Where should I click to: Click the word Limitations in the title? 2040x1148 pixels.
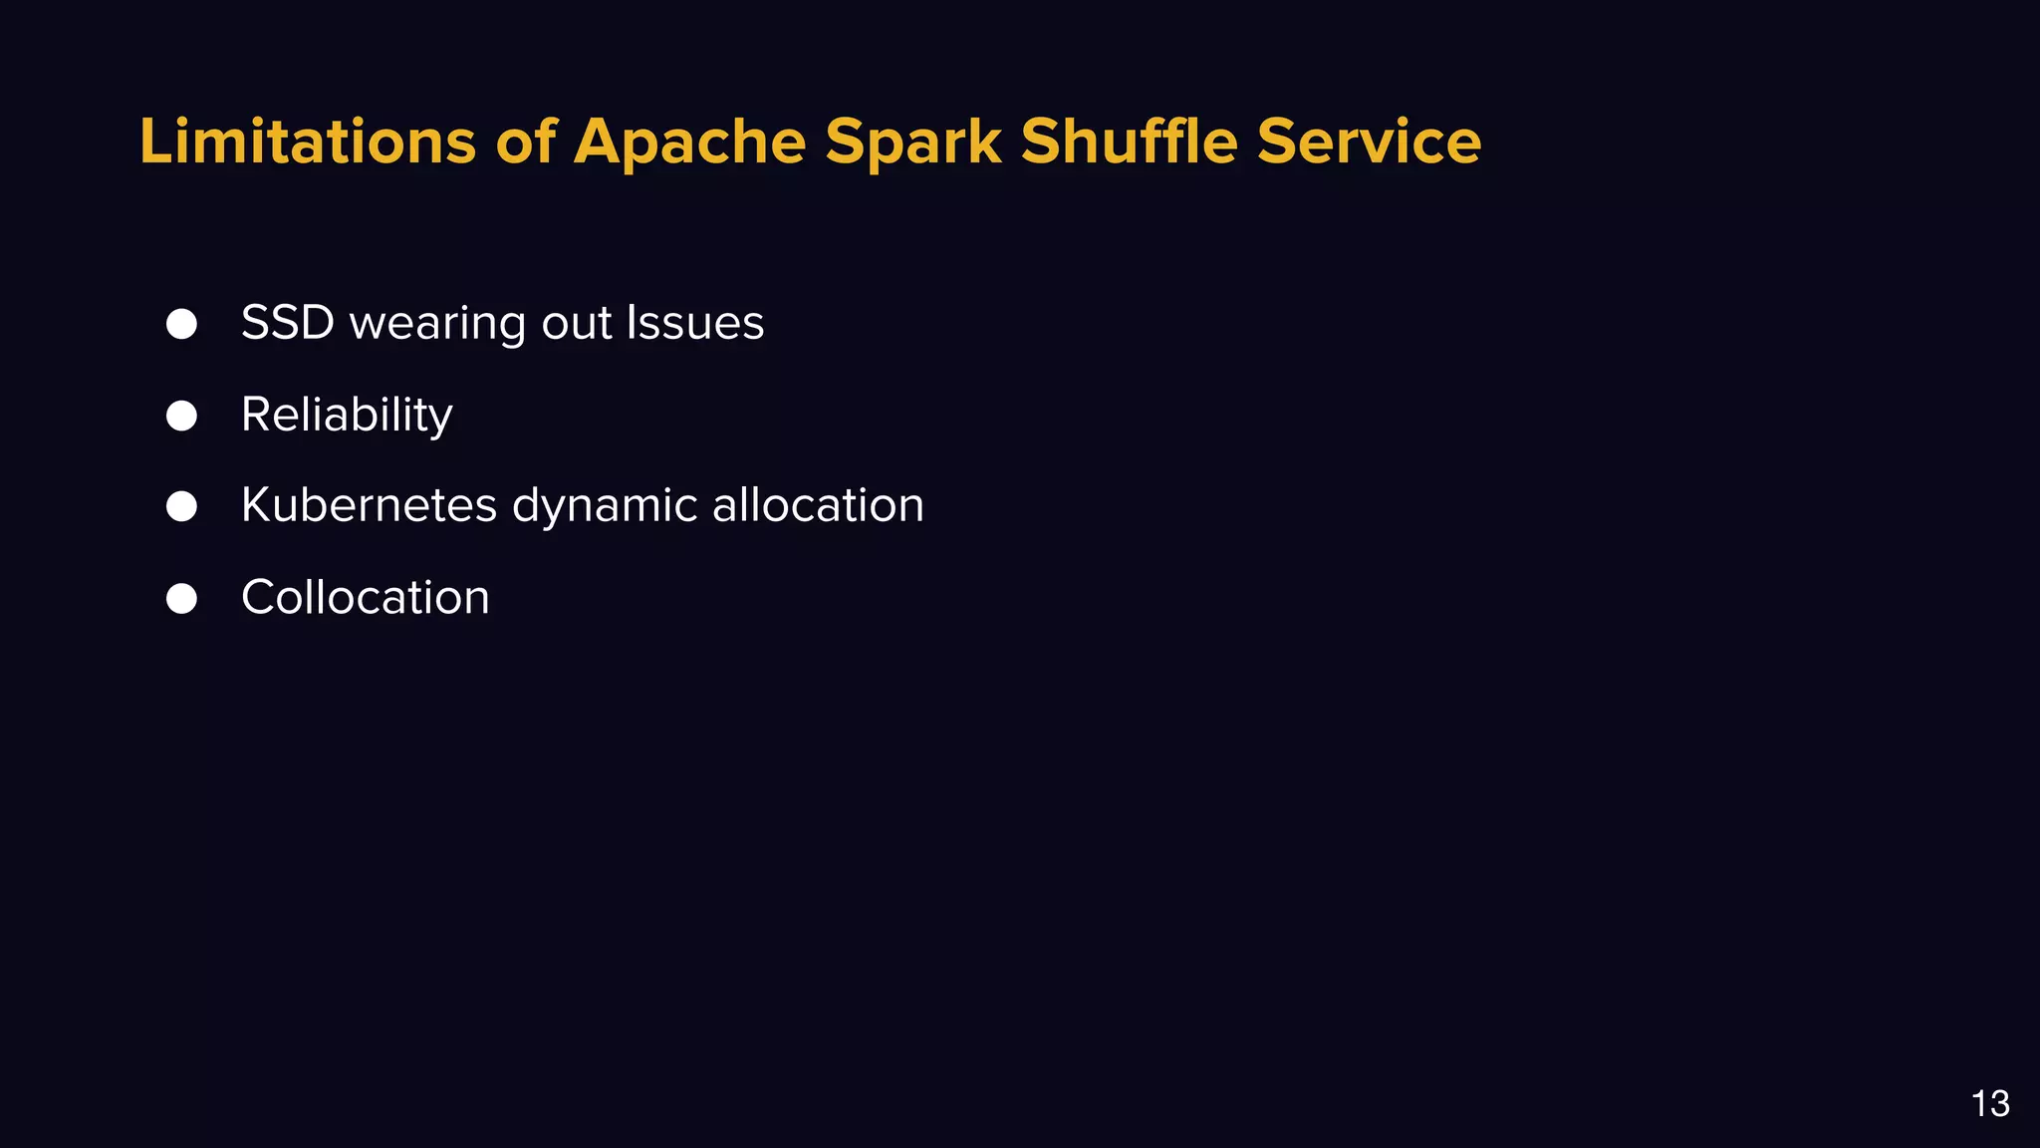(308, 142)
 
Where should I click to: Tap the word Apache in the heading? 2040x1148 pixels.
(689, 142)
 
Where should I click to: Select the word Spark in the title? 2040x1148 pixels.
(912, 142)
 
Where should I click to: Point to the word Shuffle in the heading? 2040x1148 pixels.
(1129, 142)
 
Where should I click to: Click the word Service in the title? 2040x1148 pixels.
(1369, 142)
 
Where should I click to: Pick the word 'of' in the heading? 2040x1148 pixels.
(525, 142)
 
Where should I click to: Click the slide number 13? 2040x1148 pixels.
(1990, 1104)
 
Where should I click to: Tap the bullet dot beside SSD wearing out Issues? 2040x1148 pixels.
(181, 324)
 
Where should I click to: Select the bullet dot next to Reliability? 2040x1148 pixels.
(181, 416)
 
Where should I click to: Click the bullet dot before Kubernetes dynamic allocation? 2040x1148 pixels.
(181, 506)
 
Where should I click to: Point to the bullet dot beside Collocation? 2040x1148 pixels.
(181, 598)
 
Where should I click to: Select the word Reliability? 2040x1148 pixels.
(347, 416)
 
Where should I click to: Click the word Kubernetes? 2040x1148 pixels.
(369, 505)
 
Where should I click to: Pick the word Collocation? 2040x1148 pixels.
(366, 598)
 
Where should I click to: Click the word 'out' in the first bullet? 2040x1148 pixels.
(577, 324)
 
